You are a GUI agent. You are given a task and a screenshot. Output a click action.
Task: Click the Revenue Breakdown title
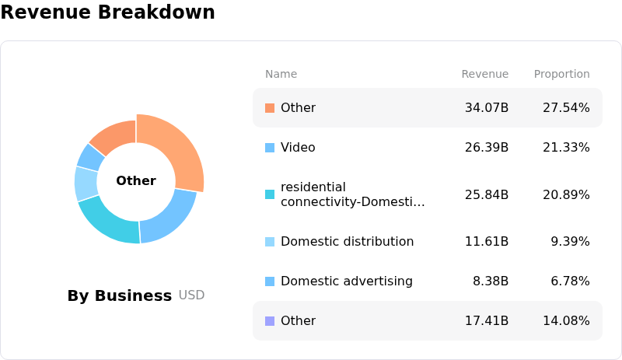107,12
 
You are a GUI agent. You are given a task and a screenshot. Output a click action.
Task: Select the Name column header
281,74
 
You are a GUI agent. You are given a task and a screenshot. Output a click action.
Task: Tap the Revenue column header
484,74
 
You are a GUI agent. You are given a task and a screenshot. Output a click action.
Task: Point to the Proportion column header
561,74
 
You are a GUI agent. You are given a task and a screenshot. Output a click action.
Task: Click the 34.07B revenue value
487,107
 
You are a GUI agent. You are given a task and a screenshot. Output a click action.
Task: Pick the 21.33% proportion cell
566,147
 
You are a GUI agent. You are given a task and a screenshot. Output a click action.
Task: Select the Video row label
298,147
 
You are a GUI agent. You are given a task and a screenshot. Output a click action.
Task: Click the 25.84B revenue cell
487,194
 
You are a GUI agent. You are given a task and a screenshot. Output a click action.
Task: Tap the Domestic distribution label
347,241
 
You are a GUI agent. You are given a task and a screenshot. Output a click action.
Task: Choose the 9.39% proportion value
570,241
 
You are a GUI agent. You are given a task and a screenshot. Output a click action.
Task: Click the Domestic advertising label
347,281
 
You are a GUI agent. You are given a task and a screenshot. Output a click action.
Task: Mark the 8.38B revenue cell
491,281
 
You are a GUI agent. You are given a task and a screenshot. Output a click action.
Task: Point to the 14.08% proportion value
566,320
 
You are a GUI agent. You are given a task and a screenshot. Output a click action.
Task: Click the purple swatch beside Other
270,320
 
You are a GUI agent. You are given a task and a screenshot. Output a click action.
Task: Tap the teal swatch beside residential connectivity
270,194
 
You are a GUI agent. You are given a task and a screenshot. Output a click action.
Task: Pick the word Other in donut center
136,180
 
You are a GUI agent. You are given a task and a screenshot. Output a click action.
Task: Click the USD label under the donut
191,295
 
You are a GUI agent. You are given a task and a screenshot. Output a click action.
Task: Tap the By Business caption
120,295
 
